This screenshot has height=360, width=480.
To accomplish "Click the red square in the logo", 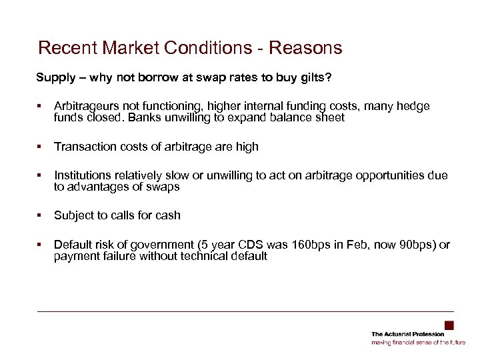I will click(x=449, y=325).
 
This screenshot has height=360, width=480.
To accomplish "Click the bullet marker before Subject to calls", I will click(x=40, y=215).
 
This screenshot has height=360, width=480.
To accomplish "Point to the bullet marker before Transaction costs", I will click(x=40, y=146).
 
